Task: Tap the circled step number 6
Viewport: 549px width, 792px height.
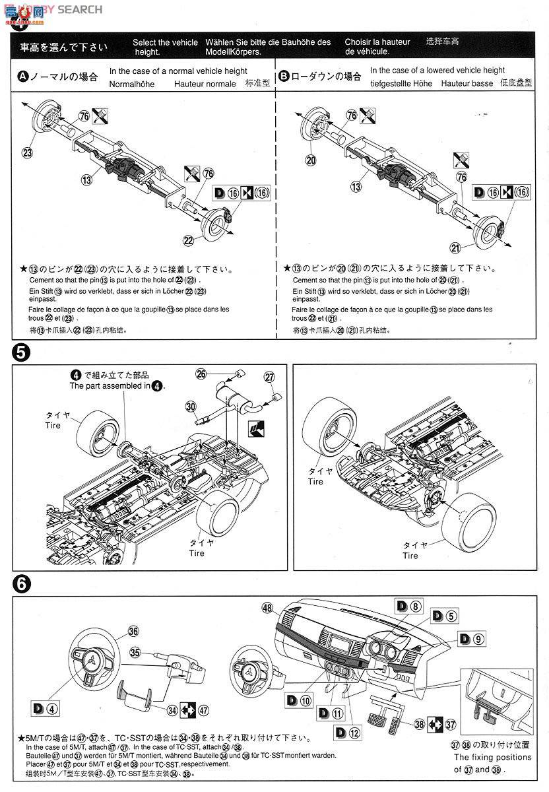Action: tap(21, 583)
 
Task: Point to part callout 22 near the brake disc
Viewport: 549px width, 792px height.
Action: tap(188, 240)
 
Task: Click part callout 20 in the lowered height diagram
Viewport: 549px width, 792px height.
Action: tap(310, 160)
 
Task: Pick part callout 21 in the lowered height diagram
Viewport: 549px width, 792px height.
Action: tap(473, 247)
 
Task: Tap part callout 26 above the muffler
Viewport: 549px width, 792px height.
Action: tap(201, 374)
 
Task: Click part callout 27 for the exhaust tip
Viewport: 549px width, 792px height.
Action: tap(269, 378)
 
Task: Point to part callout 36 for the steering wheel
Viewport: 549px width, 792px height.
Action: tap(133, 630)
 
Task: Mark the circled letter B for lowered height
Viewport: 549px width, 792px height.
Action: tap(284, 77)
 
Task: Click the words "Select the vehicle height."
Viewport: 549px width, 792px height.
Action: tap(164, 47)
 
